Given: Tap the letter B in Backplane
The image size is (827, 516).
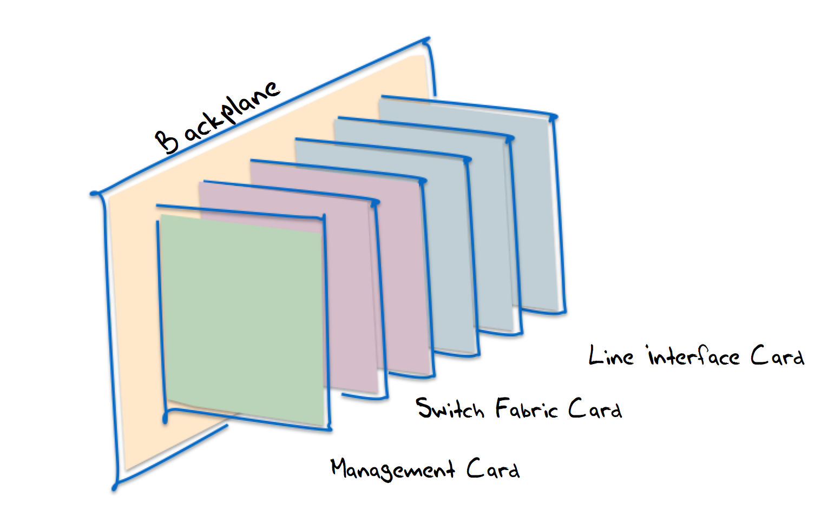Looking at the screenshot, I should pyautogui.click(x=167, y=142).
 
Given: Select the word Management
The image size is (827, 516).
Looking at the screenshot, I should pyautogui.click(x=392, y=469).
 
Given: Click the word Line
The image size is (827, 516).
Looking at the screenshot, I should pyautogui.click(x=611, y=356).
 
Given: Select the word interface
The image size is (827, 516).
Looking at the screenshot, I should pyautogui.click(x=693, y=357).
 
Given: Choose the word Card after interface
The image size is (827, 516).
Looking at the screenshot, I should pyautogui.click(x=777, y=357).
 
